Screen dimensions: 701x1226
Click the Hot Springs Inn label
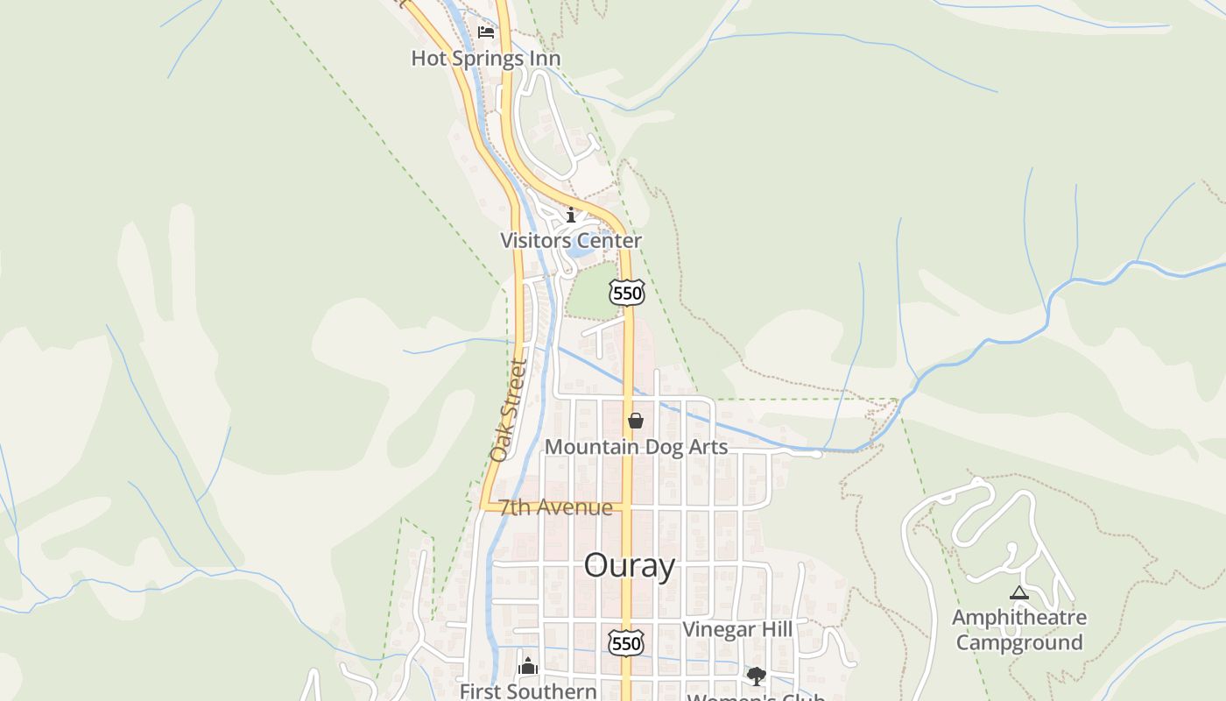(x=486, y=59)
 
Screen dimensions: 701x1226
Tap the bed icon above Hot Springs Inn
(x=486, y=32)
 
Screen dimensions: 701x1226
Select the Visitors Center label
(x=571, y=240)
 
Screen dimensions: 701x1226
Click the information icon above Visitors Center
(x=571, y=215)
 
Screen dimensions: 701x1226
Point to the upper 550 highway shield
(x=627, y=293)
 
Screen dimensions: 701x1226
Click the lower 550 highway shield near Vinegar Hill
(x=626, y=642)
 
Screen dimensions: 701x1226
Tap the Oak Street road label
(x=510, y=410)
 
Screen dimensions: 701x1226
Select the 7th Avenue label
(x=556, y=507)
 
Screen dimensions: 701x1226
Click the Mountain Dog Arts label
(x=636, y=447)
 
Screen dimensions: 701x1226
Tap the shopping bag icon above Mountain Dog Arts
(x=636, y=421)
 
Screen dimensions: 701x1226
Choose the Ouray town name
(x=630, y=565)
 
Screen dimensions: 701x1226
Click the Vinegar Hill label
(x=737, y=629)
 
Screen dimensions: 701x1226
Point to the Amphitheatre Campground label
(x=1019, y=630)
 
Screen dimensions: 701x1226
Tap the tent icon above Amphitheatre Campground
(x=1018, y=593)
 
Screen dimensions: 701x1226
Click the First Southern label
(x=528, y=691)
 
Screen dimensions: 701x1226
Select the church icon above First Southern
(x=528, y=667)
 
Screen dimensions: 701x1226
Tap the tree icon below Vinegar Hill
(x=756, y=676)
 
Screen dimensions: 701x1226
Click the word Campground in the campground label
(x=1019, y=642)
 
